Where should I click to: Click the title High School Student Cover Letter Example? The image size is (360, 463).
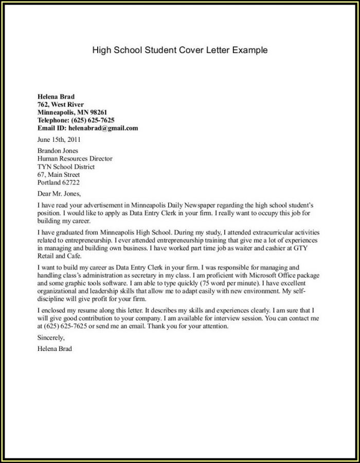(180, 50)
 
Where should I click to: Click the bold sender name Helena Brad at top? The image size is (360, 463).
(56, 96)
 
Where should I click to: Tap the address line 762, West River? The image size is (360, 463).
(60, 104)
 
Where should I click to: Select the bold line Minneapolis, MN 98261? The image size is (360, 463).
(72, 112)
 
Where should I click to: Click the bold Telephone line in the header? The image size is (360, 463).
(76, 120)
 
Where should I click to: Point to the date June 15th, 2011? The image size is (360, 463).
(59, 139)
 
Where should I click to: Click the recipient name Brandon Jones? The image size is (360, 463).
(58, 151)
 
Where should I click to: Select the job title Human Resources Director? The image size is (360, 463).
(75, 159)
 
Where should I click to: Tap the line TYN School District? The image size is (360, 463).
(66, 166)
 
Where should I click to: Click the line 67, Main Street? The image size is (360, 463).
(58, 174)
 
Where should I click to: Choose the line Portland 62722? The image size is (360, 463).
(59, 182)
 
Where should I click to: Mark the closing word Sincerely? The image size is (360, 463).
(51, 338)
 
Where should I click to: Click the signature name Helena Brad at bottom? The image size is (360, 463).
(55, 348)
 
